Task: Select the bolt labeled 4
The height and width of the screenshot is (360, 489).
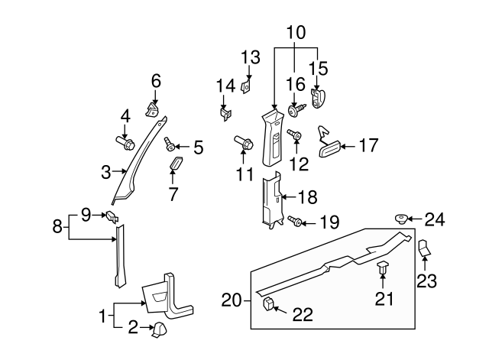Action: coord(125,141)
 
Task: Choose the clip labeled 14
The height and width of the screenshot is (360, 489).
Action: coord(225,114)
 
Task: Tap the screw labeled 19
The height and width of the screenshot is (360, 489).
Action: coord(293,222)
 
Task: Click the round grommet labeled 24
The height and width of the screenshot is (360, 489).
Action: coord(399,219)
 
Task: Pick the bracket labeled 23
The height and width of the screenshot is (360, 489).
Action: coord(425,248)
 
